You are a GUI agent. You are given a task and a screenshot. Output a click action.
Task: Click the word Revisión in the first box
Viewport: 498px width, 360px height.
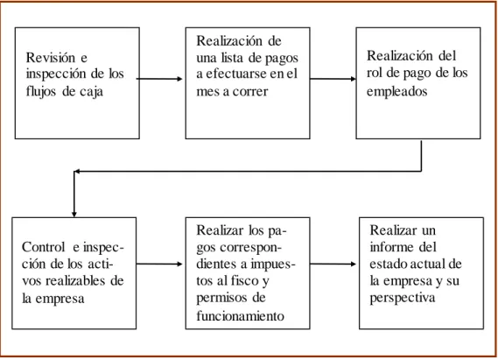51,58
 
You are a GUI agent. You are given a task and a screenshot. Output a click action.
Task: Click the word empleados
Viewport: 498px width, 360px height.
397,92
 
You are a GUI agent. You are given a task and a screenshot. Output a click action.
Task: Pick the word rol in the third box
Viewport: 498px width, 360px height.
375,73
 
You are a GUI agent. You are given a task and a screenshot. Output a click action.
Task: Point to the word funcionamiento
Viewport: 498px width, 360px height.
240,316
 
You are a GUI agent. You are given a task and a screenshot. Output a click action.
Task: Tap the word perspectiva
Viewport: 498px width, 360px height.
403,299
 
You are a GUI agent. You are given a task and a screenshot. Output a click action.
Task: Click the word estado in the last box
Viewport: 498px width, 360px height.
388,264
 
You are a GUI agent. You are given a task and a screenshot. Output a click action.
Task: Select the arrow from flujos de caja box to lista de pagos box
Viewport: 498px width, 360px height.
159,79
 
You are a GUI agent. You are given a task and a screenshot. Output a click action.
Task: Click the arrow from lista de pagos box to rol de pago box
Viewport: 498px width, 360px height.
333,79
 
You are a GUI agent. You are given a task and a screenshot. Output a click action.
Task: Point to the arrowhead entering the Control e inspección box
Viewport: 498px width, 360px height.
74,214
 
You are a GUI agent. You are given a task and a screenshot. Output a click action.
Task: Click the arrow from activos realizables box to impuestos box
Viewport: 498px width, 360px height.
159,264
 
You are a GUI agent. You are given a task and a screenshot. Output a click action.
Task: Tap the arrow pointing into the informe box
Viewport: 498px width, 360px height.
333,264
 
